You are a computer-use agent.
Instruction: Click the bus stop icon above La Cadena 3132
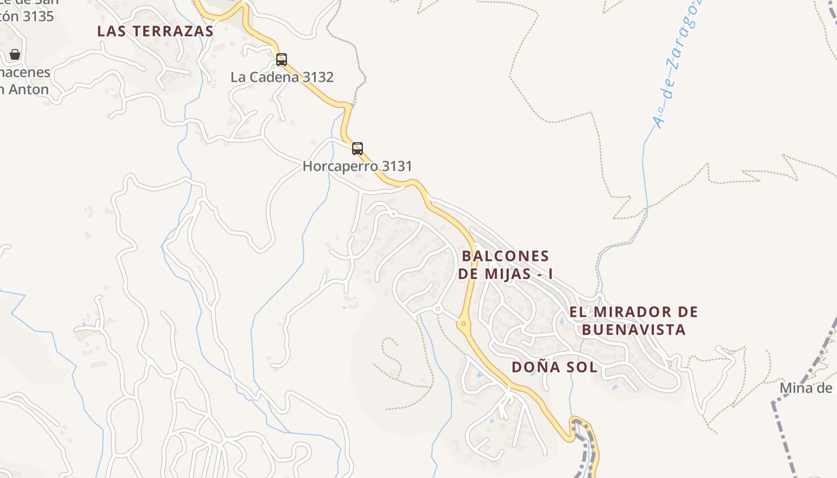pos(282,60)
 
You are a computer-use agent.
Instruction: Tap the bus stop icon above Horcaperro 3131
pos(358,149)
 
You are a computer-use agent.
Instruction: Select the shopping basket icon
pos(15,54)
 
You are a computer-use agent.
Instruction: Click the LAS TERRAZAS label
pos(155,32)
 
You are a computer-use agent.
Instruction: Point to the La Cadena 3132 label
pos(282,77)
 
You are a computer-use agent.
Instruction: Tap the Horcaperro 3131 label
pos(358,166)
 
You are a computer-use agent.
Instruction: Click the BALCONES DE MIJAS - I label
pos(505,265)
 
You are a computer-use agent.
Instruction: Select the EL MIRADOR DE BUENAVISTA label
pos(634,320)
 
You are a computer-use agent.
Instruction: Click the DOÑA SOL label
pos(554,367)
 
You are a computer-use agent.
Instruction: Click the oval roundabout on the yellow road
pos(463,324)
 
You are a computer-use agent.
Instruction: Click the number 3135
pos(38,16)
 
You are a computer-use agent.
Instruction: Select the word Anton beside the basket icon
pos(28,90)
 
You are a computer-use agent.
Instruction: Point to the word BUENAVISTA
pos(634,330)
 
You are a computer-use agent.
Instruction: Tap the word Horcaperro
pos(340,166)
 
